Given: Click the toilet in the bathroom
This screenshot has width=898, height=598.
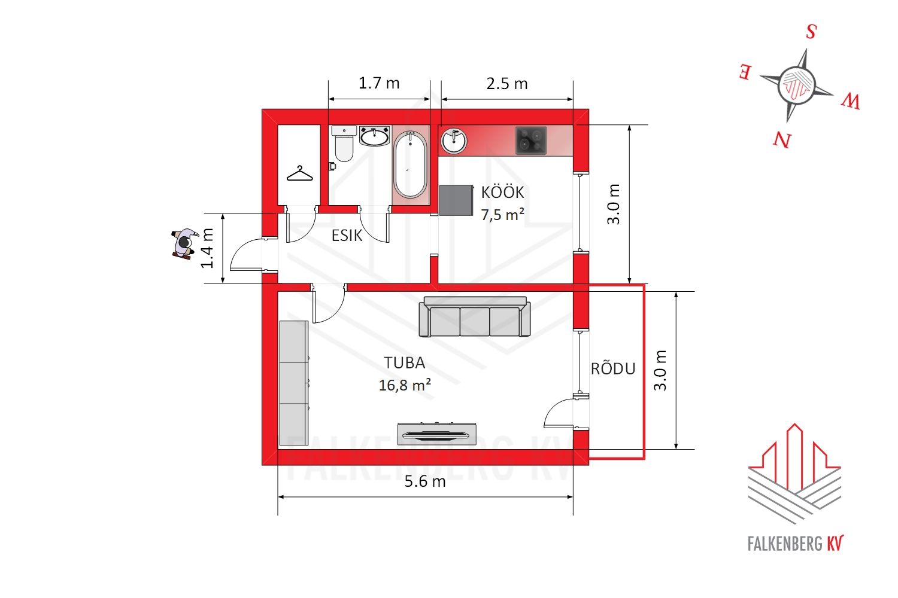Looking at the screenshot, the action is [x=344, y=144].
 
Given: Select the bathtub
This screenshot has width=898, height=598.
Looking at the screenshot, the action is [x=410, y=164].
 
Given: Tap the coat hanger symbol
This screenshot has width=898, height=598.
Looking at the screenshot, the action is [x=300, y=174].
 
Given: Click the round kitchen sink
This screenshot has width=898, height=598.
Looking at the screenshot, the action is [x=454, y=141].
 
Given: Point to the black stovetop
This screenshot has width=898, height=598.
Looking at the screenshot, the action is [x=531, y=141].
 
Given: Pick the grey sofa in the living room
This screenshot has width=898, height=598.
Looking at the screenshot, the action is [x=475, y=316].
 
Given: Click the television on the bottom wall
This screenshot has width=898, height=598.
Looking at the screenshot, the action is [x=437, y=434].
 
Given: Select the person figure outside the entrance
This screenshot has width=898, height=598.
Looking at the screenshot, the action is [x=185, y=245].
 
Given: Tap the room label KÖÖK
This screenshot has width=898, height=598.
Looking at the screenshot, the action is [x=502, y=193].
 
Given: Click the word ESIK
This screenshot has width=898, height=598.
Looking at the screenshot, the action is [x=347, y=236].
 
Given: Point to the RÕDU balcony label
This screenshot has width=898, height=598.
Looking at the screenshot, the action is [x=613, y=368].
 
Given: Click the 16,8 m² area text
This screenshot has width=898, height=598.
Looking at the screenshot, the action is [x=405, y=385].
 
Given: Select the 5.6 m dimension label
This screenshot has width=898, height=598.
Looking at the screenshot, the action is [x=425, y=481].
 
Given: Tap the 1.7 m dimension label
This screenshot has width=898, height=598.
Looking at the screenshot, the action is [x=379, y=83].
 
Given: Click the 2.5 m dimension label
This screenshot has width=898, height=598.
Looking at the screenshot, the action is [x=507, y=84].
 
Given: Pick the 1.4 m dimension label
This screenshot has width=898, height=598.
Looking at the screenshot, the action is [x=207, y=248].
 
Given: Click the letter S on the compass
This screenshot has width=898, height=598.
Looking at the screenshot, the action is [x=811, y=31].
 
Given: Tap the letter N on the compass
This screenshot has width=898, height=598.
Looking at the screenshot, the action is [x=782, y=140].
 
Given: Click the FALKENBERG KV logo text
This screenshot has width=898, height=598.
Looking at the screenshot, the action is [x=796, y=544].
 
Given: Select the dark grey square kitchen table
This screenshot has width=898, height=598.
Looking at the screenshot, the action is [x=456, y=200].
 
